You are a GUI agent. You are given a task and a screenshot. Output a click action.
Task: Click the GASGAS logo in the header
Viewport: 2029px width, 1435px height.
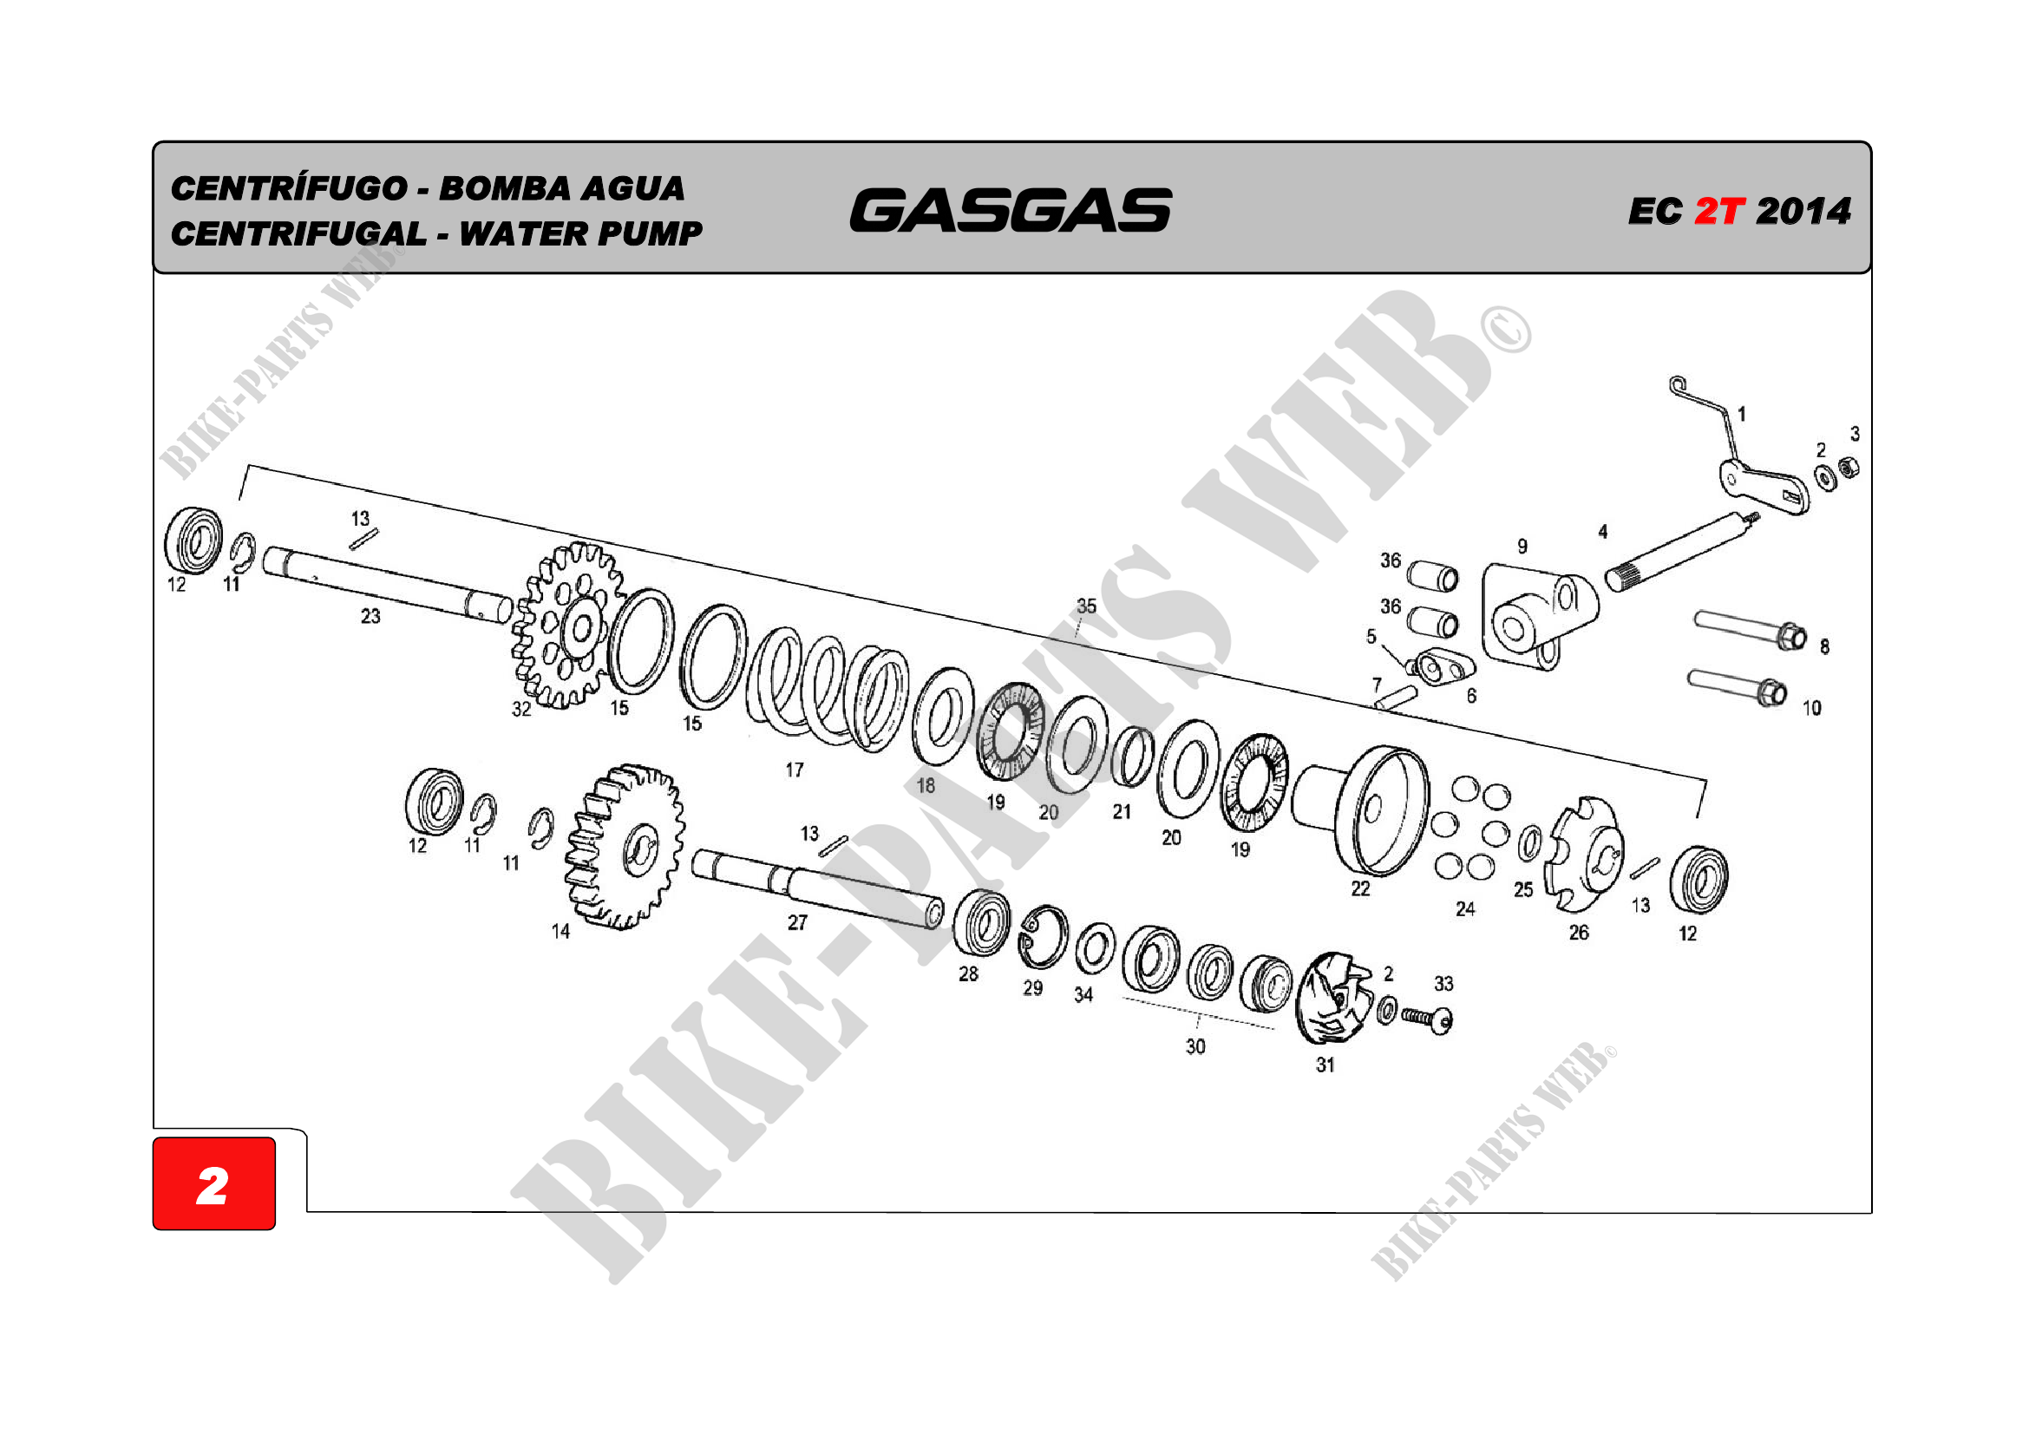tap(1010, 210)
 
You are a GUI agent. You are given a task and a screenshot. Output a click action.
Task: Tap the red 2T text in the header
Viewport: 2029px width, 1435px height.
tap(1718, 211)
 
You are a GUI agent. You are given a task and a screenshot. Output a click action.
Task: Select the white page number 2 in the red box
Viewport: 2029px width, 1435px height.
tap(212, 1186)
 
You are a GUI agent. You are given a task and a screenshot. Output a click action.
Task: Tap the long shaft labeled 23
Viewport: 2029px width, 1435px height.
tap(387, 585)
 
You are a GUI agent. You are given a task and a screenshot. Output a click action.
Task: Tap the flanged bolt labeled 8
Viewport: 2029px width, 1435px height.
tap(1750, 630)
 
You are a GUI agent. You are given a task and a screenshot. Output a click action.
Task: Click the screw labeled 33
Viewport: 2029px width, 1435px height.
tap(1427, 1019)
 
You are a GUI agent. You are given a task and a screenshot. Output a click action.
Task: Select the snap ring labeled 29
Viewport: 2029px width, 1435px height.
tap(1043, 937)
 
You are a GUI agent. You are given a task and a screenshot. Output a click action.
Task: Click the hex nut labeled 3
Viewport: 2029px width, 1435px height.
tap(1848, 466)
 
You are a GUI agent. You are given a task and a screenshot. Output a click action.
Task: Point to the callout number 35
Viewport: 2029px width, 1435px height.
tap(1086, 606)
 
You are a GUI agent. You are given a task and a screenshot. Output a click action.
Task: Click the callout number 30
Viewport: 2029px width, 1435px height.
tap(1194, 1046)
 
